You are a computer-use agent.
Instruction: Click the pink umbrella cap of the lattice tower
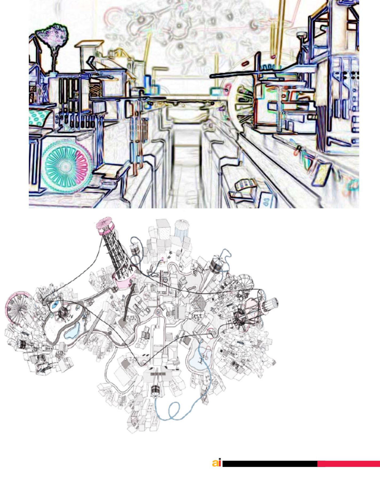(x=104, y=225)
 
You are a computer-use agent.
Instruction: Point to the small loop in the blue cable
(x=175, y=408)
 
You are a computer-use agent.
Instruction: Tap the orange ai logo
(x=217, y=463)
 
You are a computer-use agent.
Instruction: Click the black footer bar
(x=270, y=464)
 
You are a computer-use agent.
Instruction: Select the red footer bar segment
(x=348, y=464)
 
